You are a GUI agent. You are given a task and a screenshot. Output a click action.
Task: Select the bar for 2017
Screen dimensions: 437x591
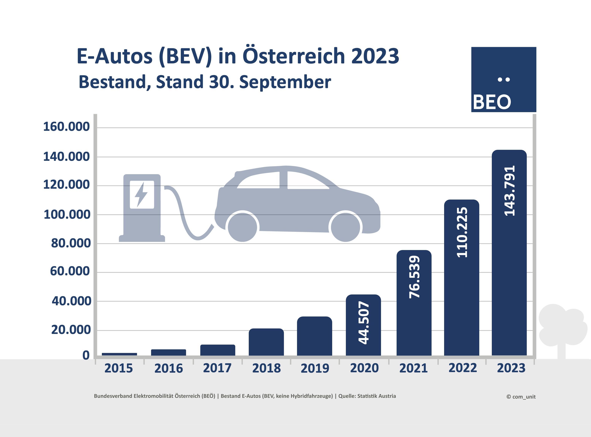pyautogui.click(x=218, y=350)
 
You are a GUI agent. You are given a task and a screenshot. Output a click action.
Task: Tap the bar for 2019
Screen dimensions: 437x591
pyautogui.click(x=314, y=336)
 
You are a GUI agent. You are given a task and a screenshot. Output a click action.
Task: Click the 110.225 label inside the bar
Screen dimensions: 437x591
pyautogui.click(x=462, y=232)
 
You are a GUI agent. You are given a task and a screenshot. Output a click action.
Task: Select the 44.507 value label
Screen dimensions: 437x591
pyautogui.click(x=364, y=323)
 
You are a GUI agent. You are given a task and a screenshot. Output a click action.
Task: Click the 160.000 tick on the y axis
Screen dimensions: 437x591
pyautogui.click(x=67, y=126)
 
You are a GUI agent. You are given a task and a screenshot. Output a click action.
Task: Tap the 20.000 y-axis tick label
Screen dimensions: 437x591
pyautogui.click(x=71, y=330)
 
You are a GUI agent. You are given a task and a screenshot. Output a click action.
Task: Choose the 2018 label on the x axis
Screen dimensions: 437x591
pyautogui.click(x=266, y=368)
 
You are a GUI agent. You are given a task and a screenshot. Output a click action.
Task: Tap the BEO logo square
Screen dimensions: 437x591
pyautogui.click(x=504, y=80)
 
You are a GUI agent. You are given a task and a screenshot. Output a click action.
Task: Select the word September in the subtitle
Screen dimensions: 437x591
pyautogui.click(x=285, y=82)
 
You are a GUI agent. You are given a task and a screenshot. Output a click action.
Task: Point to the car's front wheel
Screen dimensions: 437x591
pyautogui.click(x=345, y=227)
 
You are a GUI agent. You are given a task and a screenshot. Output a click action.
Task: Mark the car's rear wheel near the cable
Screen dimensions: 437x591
pyautogui.click(x=242, y=227)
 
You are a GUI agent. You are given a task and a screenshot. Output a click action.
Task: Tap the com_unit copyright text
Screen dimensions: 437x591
pyautogui.click(x=521, y=397)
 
